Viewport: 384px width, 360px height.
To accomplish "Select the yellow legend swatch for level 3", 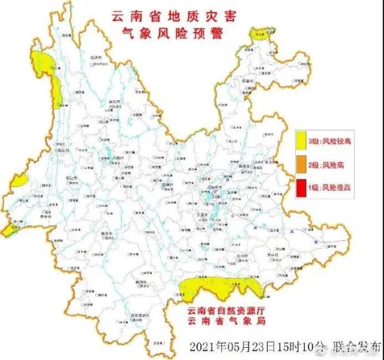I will [x=300, y=141].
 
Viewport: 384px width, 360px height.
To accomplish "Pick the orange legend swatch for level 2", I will [x=300, y=165].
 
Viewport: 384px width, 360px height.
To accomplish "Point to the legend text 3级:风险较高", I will [x=330, y=141].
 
